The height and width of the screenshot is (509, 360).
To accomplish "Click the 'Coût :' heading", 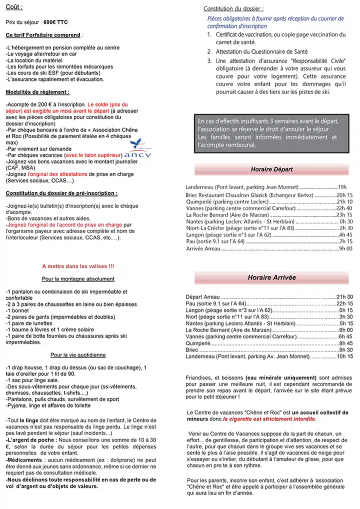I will tap(14, 7).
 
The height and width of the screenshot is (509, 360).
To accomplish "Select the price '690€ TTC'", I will tap(55, 22).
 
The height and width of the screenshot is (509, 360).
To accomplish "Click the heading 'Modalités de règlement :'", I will tap(37, 92).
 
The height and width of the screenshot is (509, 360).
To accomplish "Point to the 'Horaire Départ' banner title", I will tap(271, 169).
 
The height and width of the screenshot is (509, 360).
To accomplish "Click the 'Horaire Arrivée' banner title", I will tap(271, 277).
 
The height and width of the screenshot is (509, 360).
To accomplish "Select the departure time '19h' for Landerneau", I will tap(342, 186).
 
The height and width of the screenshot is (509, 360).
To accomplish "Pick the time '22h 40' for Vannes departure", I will tap(344, 208).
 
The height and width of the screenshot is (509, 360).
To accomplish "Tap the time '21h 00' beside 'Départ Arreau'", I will tap(344, 296).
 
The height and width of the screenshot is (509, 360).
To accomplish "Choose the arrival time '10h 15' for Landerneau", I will tap(344, 356).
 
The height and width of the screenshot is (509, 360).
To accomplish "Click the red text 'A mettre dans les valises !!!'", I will tap(77, 266).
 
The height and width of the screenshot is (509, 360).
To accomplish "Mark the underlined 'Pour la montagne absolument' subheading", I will tap(78, 278).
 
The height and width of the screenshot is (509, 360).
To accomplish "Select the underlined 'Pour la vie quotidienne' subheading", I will tap(78, 355).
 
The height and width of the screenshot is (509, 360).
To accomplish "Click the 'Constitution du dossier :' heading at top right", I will tap(233, 8).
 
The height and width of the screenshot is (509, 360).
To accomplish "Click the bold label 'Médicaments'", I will tap(23, 459).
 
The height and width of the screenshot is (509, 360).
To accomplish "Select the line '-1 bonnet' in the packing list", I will tap(18, 310).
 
